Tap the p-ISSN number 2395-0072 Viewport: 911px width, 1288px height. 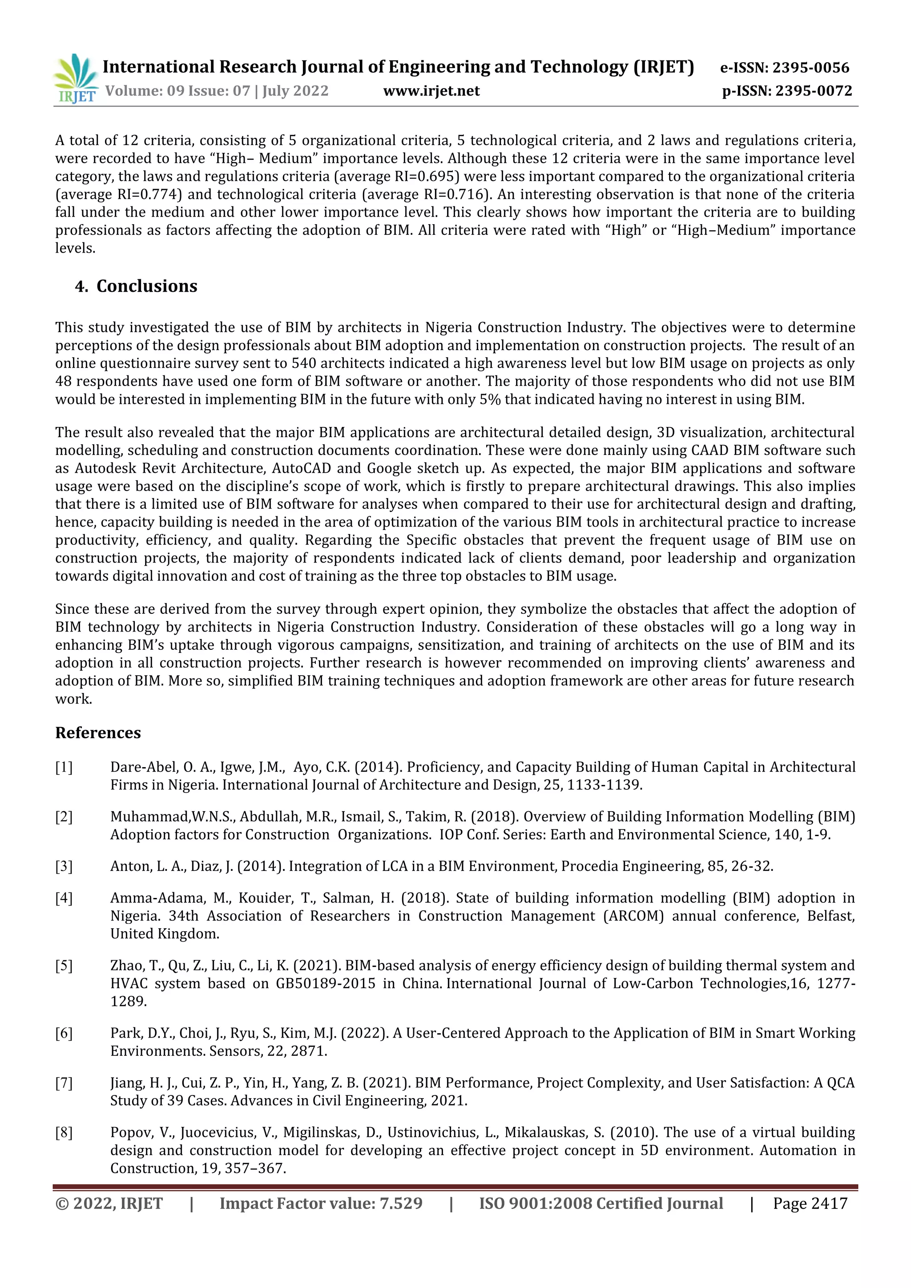point(814,91)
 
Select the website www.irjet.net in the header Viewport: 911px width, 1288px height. point(431,91)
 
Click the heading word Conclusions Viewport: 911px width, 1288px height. point(147,286)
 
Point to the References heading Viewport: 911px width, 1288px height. point(98,733)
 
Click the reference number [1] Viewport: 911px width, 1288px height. point(64,767)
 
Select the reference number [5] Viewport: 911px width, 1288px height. point(64,966)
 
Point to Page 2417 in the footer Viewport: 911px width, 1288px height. point(810,1203)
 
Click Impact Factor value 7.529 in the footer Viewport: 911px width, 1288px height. point(321,1203)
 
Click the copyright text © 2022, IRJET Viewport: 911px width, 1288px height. point(109,1203)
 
